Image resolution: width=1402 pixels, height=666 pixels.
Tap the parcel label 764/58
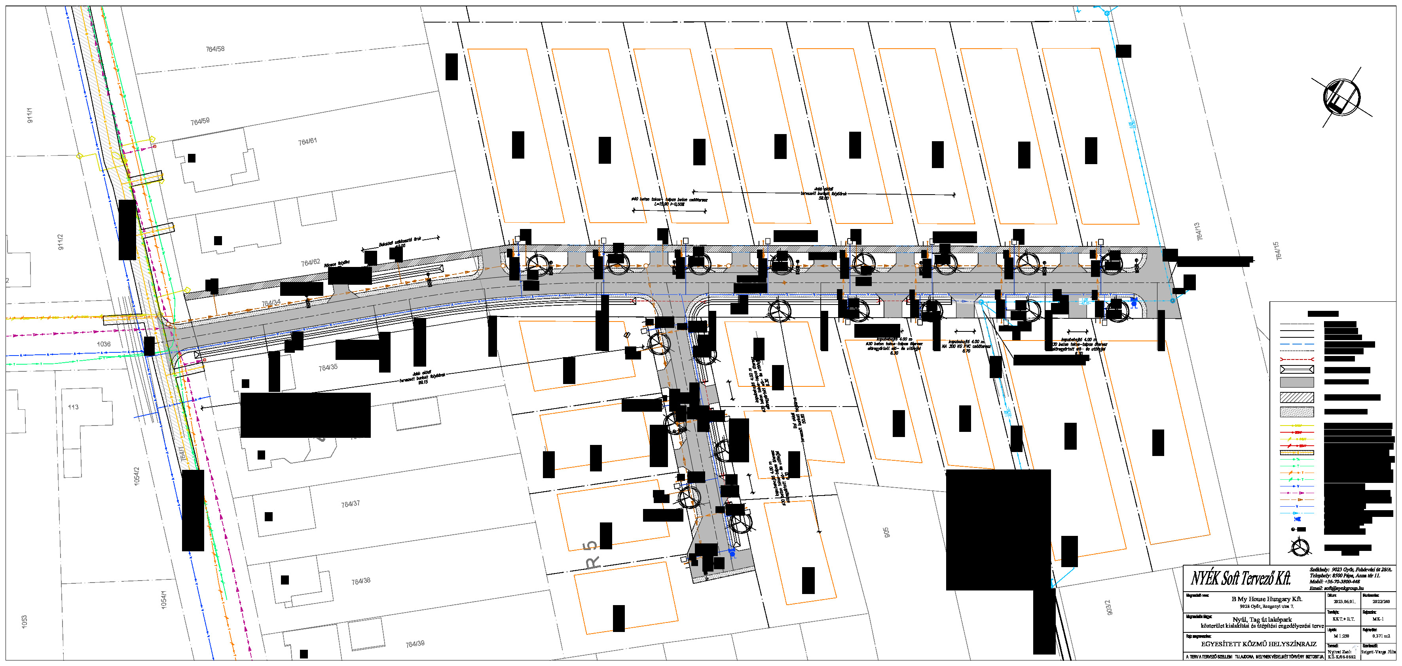(215, 49)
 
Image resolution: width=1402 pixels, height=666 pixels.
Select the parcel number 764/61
(307, 142)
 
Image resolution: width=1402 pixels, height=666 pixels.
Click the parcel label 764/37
(351, 504)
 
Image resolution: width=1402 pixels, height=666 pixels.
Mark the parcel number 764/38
(361, 581)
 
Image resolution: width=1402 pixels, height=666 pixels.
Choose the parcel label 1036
(103, 344)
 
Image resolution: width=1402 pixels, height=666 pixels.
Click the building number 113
(73, 407)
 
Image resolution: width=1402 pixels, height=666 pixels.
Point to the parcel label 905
(886, 532)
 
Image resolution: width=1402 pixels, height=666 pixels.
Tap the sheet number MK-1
(1377, 619)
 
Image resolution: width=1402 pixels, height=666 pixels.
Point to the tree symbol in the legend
(1300, 547)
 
